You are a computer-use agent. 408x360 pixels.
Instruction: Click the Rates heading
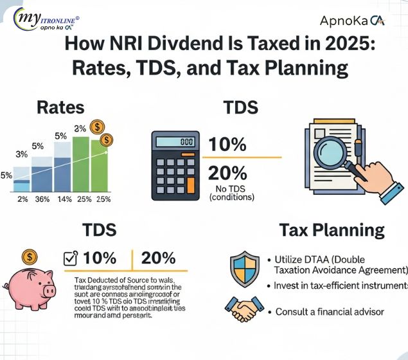(x=60, y=107)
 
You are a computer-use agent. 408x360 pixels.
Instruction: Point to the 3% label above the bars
(x=21, y=154)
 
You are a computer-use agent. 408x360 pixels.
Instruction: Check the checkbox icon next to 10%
(x=71, y=258)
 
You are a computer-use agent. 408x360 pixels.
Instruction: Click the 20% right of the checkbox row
(x=158, y=258)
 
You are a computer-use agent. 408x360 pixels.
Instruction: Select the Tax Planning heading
(x=332, y=231)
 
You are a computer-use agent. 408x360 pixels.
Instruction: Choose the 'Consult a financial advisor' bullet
(x=330, y=312)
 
